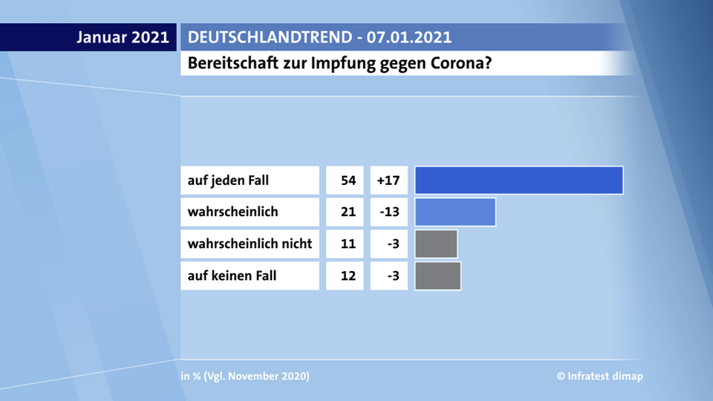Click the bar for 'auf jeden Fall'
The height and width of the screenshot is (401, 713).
[x=518, y=180]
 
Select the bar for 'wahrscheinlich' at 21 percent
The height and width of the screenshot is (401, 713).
[x=455, y=212]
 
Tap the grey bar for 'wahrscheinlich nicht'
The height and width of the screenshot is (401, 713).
[x=436, y=244]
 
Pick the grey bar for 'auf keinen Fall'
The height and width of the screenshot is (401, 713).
[x=437, y=276]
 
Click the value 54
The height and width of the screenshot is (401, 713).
[x=348, y=180]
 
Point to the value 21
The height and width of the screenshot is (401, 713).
[x=348, y=212]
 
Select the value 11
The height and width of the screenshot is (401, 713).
[x=348, y=244]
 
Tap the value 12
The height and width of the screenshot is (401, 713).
[x=348, y=276]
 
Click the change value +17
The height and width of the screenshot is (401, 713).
[x=388, y=180]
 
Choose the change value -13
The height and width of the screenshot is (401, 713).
[x=388, y=212]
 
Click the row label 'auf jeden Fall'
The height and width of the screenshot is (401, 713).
[x=229, y=180]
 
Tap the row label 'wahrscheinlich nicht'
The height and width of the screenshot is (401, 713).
[x=250, y=244]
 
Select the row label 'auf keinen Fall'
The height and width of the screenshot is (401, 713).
[x=232, y=276]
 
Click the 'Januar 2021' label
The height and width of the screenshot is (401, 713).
[x=123, y=37]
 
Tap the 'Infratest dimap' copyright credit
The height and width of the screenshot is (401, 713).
[x=599, y=376]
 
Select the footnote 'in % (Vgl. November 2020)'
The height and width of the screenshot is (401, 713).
[x=245, y=376]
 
